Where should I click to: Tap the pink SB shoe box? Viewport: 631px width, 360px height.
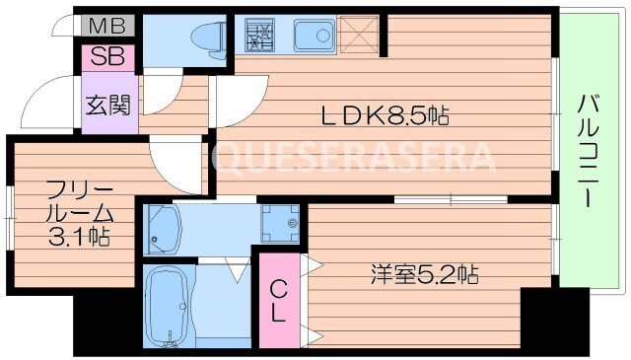coord(103,55)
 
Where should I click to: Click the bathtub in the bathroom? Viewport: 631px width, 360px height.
coord(168,306)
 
